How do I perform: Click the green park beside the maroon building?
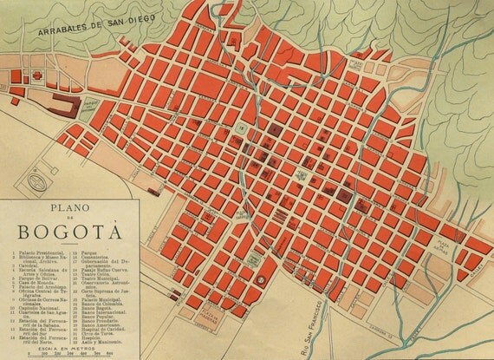click(87, 108)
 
